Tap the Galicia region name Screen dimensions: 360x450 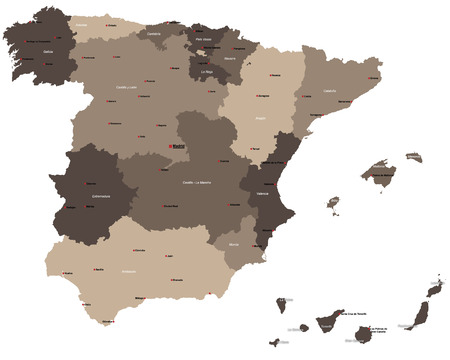tap(35, 41)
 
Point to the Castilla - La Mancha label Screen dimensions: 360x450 tap(195, 183)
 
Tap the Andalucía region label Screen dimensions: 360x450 tap(127, 271)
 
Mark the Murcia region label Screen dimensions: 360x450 tap(233, 244)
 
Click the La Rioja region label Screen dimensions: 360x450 tap(208, 71)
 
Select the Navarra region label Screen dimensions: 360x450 tap(229, 58)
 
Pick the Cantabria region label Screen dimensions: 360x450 tap(154, 33)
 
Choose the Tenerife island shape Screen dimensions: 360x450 tap(325, 322)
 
